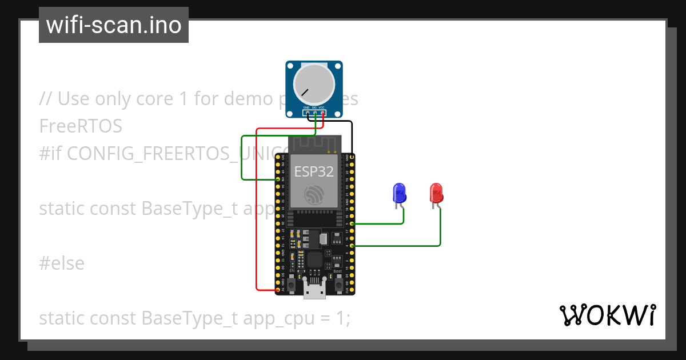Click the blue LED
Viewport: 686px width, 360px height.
point(399,193)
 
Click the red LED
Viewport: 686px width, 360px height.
point(436,193)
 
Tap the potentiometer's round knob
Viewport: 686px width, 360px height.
point(314,84)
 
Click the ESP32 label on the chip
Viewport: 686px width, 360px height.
point(314,171)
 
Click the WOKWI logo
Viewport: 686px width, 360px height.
point(607,315)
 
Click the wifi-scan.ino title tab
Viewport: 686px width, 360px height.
point(114,25)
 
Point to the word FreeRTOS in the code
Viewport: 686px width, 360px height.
point(81,126)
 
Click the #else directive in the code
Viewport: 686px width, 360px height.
point(62,263)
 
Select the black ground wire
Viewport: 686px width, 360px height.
point(352,134)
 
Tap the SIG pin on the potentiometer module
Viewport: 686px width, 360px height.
point(314,113)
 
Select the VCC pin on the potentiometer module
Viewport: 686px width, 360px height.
point(323,113)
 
